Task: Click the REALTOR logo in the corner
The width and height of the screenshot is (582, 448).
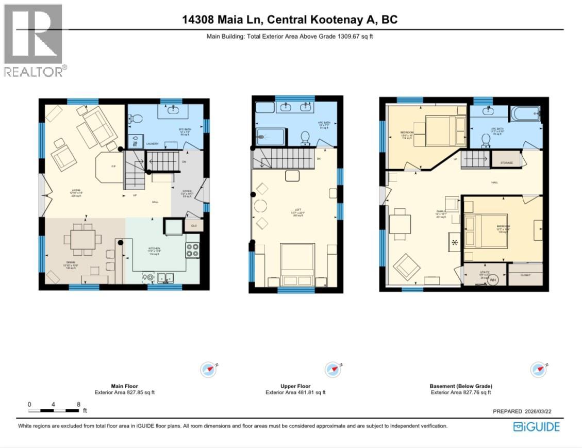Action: [34, 40]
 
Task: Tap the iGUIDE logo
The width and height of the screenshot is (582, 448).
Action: [536, 426]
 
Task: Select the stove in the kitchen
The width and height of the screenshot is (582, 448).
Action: [192, 250]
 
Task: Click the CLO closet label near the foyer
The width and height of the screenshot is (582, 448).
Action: [194, 225]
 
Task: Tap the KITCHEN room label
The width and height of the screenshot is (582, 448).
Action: [155, 248]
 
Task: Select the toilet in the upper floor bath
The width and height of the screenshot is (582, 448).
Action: [305, 137]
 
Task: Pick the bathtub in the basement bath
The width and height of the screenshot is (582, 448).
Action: [525, 113]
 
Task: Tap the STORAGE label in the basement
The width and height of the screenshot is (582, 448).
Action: [506, 163]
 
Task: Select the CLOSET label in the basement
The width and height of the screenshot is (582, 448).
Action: [525, 275]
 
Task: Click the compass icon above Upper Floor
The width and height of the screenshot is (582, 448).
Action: [332, 370]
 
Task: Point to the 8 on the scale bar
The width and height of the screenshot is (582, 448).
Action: [78, 404]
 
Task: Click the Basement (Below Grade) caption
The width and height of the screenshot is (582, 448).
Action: [460, 386]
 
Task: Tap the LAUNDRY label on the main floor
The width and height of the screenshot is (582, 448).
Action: [138, 144]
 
